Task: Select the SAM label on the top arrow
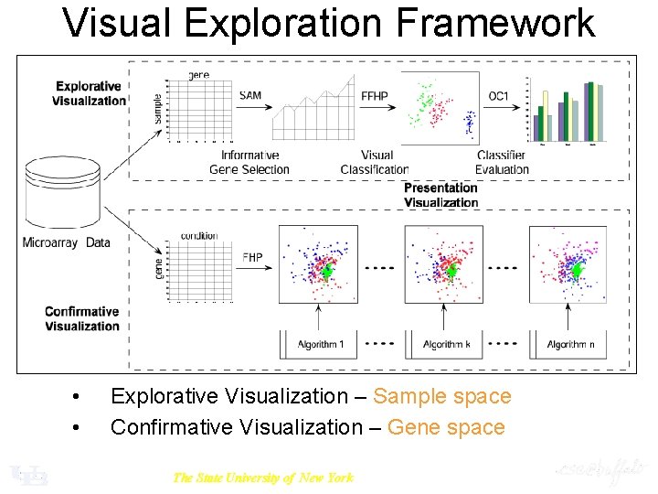[x=249, y=95]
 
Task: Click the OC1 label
[x=498, y=95]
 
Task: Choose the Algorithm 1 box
[x=320, y=344]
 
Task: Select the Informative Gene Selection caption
[x=249, y=162]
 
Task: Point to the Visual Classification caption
[x=375, y=162]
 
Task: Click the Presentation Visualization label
[x=440, y=195]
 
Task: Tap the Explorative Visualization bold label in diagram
[x=90, y=93]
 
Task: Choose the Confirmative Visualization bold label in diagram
[x=82, y=318]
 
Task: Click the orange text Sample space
[x=442, y=396]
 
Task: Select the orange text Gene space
[x=446, y=427]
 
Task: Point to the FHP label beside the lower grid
[x=252, y=257]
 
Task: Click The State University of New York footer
[x=262, y=477]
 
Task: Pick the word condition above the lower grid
[x=199, y=235]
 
